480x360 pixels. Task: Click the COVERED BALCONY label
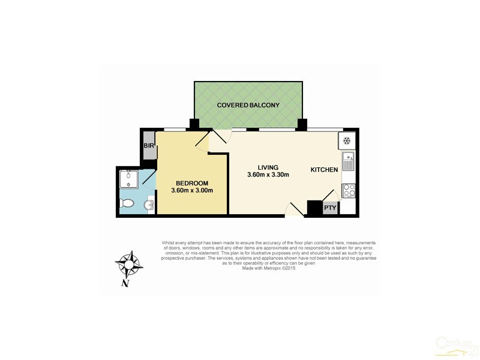(x=248, y=105)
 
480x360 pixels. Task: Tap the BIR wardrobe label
(x=149, y=146)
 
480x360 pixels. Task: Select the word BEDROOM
(x=192, y=183)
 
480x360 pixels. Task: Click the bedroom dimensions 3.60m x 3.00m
(x=192, y=191)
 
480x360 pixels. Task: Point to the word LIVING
(x=268, y=167)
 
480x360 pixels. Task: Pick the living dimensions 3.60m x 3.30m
(x=268, y=175)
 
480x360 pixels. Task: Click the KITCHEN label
(x=324, y=170)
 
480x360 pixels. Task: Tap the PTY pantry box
(x=330, y=208)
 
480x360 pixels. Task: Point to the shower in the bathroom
(x=128, y=179)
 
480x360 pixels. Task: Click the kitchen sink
(x=349, y=162)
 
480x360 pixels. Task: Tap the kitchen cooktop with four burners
(x=349, y=191)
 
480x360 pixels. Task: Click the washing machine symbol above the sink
(x=347, y=142)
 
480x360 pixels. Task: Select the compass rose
(x=128, y=264)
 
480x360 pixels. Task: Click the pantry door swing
(x=329, y=196)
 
